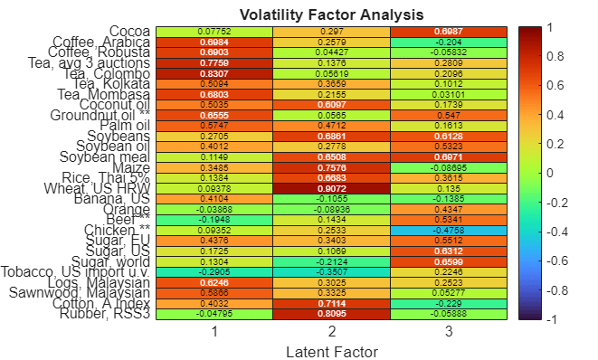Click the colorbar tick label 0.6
point(556,86)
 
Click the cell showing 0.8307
point(214,74)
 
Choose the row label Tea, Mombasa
point(104,95)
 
